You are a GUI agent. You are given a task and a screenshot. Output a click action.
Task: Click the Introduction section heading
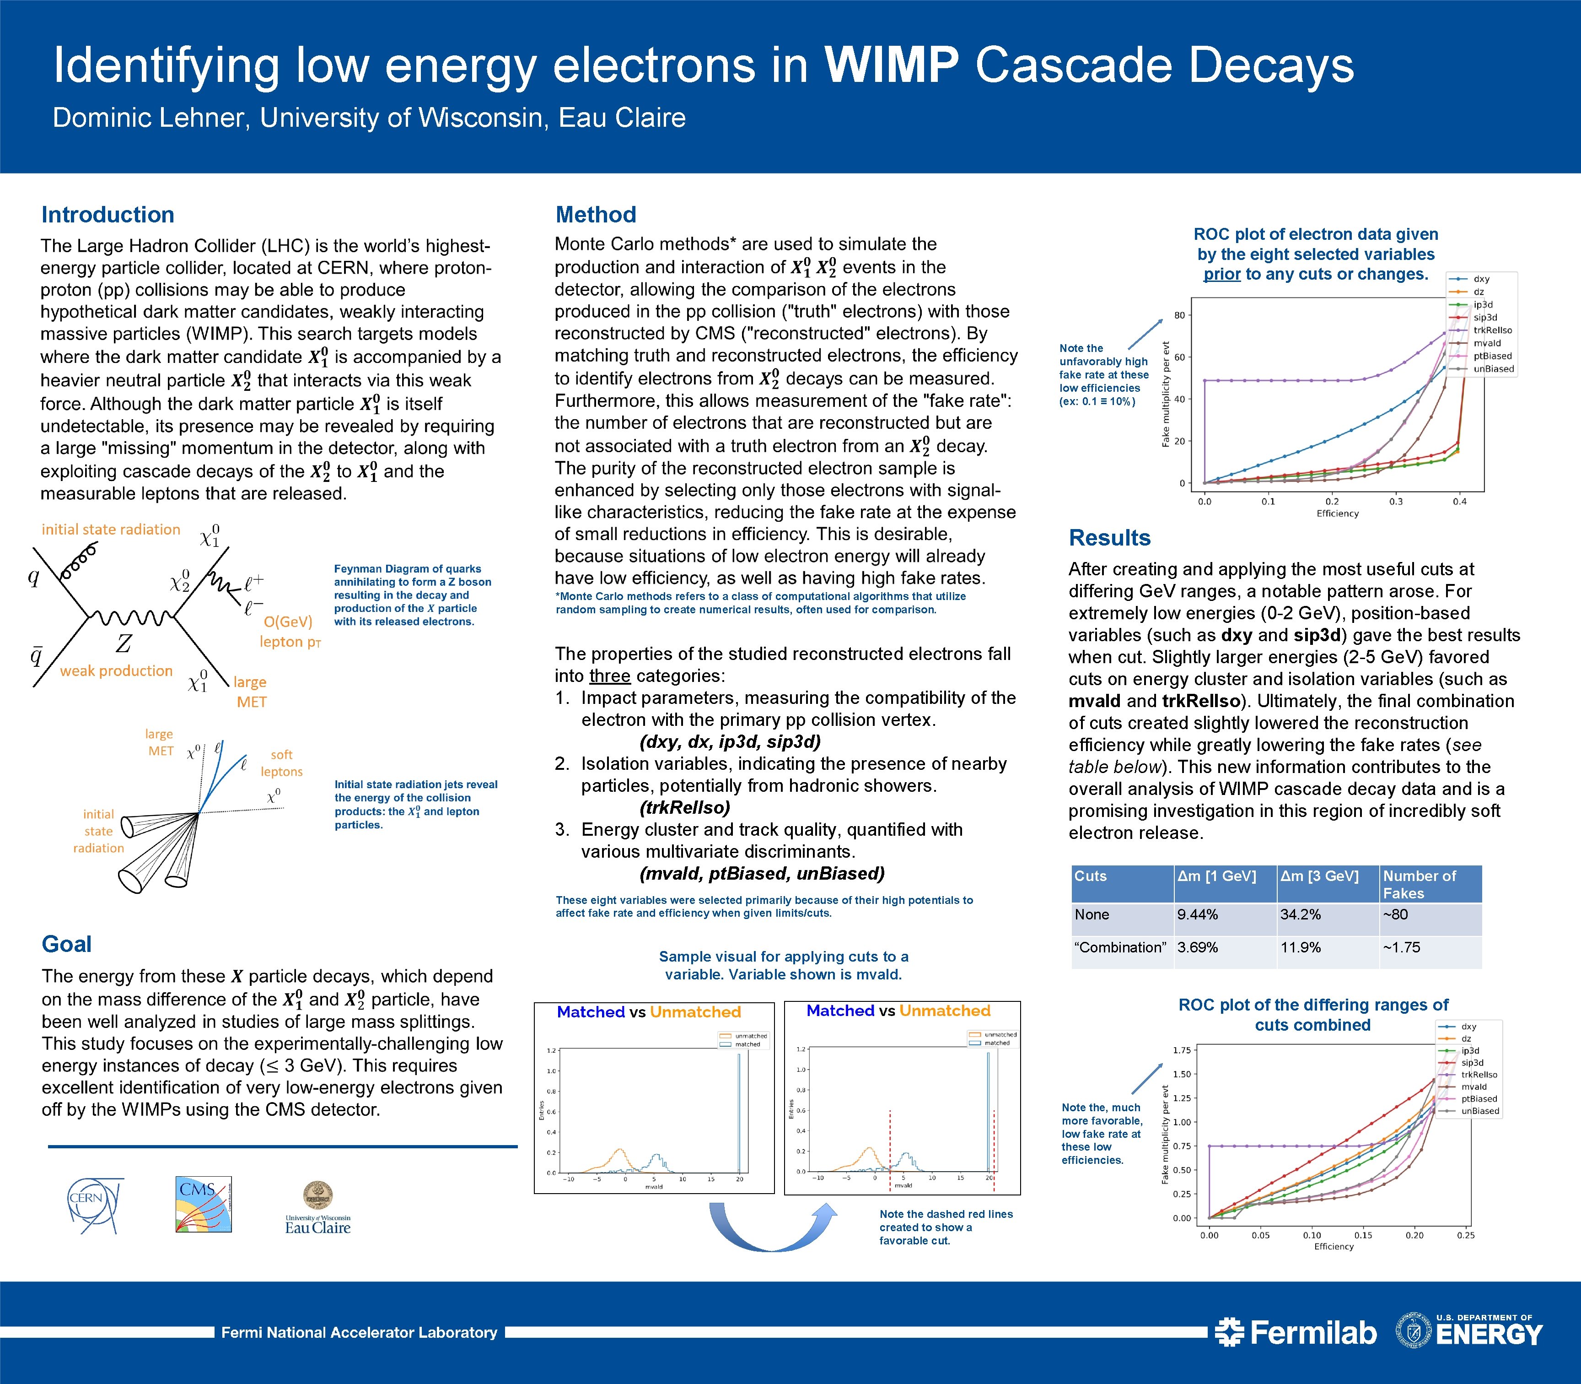coord(108,215)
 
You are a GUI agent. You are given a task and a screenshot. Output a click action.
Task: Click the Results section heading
coord(1109,537)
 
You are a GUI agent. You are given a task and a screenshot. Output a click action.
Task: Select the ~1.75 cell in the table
coord(1401,948)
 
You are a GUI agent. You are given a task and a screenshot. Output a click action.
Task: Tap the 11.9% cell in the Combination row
coord(1301,948)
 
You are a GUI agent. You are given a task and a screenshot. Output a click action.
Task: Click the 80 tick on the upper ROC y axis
coord(1179,315)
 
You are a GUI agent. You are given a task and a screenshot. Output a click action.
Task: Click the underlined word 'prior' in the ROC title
coord(1222,274)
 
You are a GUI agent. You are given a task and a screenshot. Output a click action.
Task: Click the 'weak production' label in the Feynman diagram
coord(117,671)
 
